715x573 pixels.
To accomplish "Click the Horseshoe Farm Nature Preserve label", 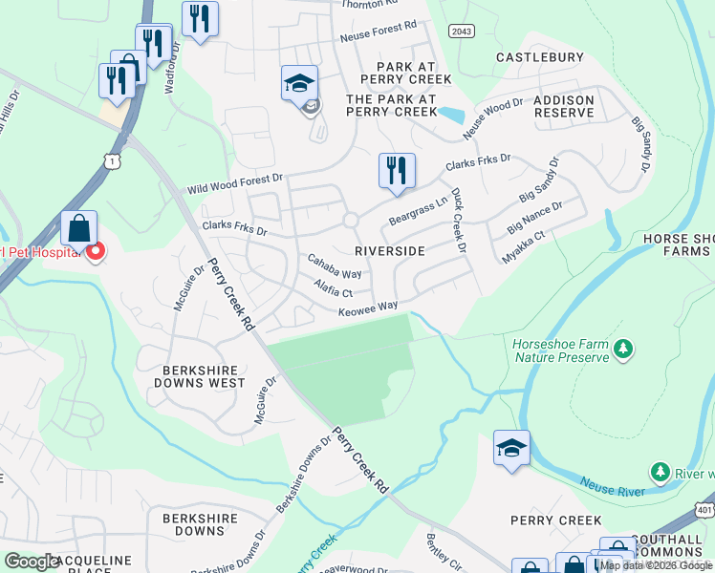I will (x=560, y=350).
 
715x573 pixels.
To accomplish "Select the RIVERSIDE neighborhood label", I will (x=389, y=250).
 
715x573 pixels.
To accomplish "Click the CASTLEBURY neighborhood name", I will (x=540, y=57).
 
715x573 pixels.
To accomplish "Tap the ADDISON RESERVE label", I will (x=564, y=106).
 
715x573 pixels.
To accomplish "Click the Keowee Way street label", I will (x=367, y=308).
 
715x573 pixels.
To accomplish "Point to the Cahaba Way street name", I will (x=334, y=266).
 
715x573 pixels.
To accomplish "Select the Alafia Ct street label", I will (x=334, y=287).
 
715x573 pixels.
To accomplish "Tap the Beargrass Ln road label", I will (x=418, y=212).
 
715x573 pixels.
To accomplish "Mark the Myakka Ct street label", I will (x=524, y=247).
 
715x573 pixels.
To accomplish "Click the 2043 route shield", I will (x=461, y=32).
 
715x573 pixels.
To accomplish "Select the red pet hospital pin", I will (x=96, y=253).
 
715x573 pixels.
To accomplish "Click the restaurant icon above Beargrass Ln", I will (x=396, y=172).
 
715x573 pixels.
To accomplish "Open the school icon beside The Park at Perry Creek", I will (x=299, y=84).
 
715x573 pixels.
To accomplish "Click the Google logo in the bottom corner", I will (x=32, y=562).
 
